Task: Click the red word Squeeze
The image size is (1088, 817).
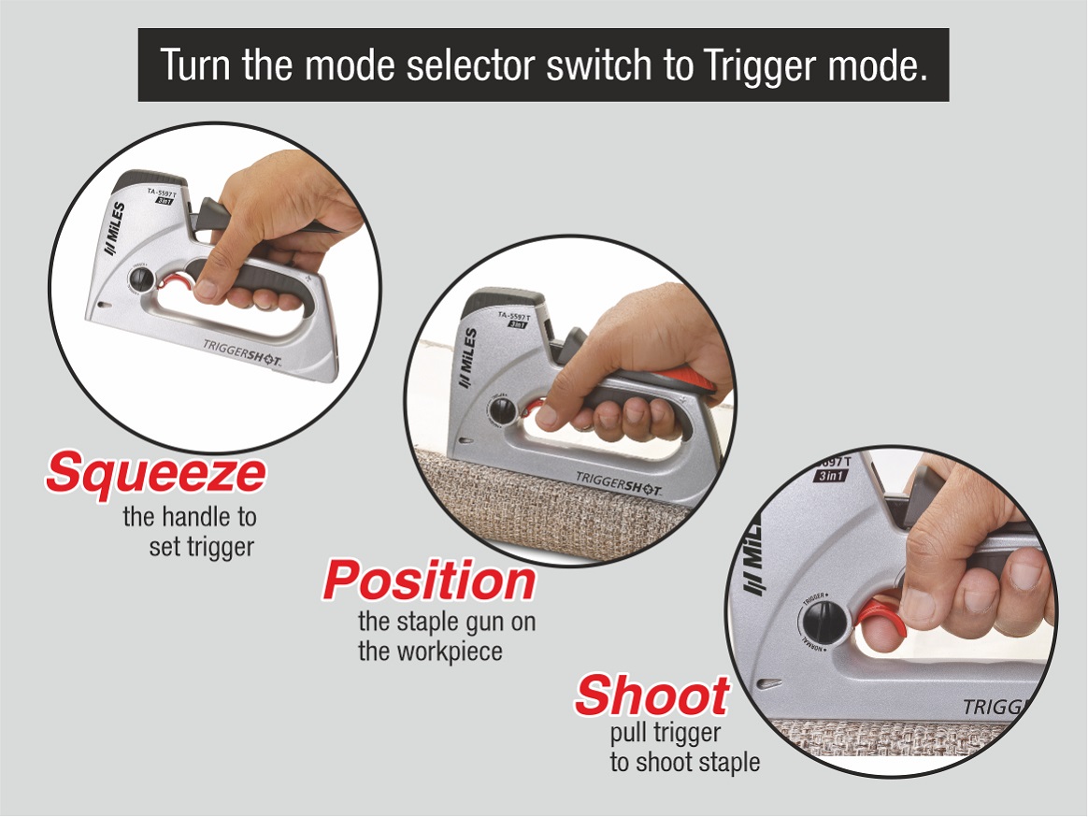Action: (155, 472)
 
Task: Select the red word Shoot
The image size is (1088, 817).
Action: (651, 695)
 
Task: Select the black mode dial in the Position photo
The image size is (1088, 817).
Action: (500, 412)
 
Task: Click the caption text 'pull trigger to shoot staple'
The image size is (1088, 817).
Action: (684, 749)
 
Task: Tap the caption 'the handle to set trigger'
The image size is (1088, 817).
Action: (190, 530)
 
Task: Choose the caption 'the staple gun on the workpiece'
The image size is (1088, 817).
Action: (447, 636)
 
